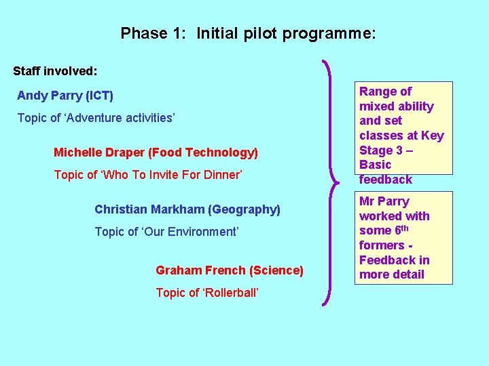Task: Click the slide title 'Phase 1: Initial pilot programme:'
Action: point(248,33)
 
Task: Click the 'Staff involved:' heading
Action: point(56,70)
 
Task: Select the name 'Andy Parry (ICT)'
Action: point(65,96)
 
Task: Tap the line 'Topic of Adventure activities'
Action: point(96,118)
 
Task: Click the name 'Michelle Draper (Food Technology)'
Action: point(156,152)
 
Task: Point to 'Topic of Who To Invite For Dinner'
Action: point(147,175)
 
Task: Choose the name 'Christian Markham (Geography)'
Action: point(187,209)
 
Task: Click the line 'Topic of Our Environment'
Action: point(166,232)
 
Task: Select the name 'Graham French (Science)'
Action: point(229,270)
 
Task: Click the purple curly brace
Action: point(331,183)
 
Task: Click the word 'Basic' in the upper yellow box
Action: point(376,165)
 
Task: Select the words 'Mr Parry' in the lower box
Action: point(384,201)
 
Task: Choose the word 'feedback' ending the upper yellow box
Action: point(385,180)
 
